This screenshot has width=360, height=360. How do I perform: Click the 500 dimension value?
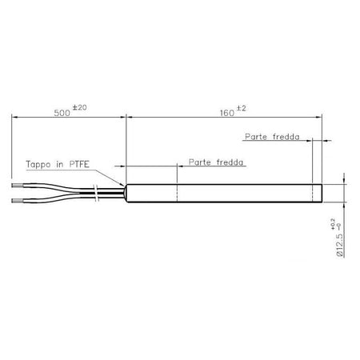[x=62, y=113]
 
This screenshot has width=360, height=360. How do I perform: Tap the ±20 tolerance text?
[x=79, y=107]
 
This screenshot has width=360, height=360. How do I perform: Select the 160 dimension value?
[x=227, y=113]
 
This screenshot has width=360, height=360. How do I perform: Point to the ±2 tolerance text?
[x=241, y=109]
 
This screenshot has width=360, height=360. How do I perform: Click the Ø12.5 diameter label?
[x=340, y=246]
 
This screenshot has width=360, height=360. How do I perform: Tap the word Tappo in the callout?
[x=38, y=164]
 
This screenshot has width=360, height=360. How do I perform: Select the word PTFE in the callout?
[x=79, y=164]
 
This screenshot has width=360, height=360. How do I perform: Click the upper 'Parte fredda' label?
[x=272, y=137]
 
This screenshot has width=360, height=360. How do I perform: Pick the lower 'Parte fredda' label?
[x=216, y=162]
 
